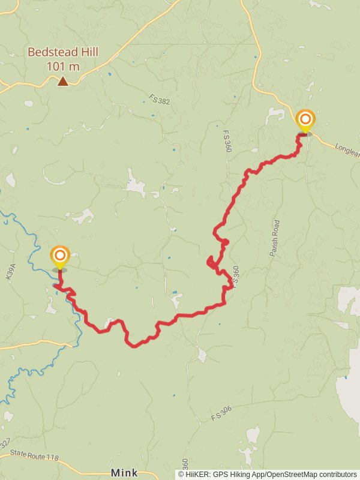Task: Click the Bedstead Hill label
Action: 62,53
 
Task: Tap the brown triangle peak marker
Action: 62,81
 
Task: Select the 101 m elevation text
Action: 63,66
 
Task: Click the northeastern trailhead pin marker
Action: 305,119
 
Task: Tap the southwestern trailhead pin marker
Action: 60,256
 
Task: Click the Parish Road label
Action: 275,238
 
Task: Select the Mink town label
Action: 124,472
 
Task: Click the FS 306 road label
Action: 221,413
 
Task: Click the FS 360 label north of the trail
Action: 227,140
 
